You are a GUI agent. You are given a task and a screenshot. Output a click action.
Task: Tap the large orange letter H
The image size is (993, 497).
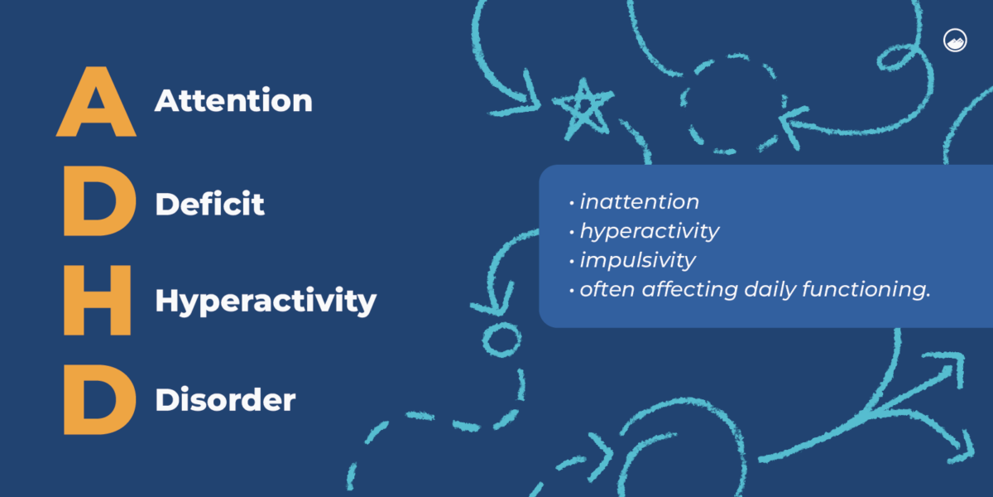[97, 301]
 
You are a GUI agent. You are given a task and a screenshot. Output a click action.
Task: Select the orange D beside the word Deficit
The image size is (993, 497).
[99, 201]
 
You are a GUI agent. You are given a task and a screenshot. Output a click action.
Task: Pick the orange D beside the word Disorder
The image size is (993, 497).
[99, 399]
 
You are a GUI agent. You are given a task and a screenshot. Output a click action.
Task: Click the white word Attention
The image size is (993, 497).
[233, 100]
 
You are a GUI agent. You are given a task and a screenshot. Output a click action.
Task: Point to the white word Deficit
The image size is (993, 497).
[209, 204]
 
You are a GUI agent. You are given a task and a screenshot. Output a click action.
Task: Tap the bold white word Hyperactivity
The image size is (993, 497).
[266, 302]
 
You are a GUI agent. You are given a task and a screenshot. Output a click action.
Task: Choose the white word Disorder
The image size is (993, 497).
[225, 400]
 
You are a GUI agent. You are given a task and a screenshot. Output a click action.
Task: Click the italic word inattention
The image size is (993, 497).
[639, 202]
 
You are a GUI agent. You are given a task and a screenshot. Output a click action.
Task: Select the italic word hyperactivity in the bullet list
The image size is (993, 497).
[650, 232]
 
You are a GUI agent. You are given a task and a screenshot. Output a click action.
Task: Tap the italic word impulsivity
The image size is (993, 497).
[638, 260]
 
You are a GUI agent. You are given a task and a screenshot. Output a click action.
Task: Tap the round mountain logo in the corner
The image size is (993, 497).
[955, 41]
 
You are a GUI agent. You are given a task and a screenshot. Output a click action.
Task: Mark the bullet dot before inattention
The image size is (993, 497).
[572, 203]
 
